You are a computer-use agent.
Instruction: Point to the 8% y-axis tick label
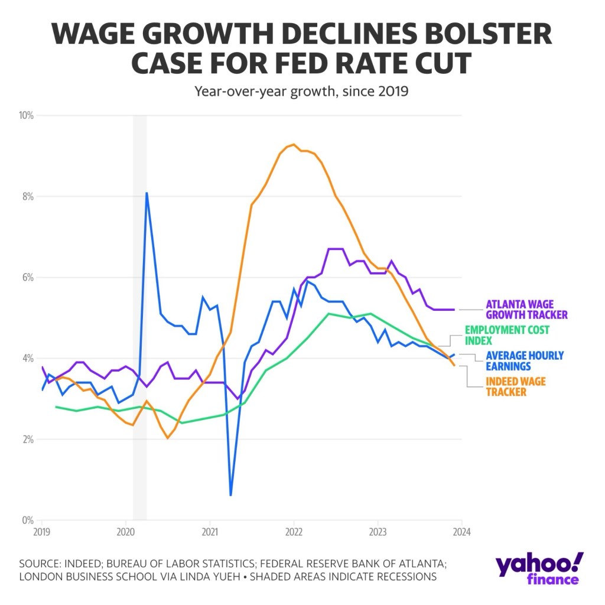pos(27,196)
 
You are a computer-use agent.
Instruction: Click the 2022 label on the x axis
pos(294,530)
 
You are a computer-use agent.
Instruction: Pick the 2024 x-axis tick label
pos(461,530)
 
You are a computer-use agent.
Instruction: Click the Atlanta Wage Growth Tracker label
pos(526,310)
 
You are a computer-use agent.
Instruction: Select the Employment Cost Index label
pos(507,334)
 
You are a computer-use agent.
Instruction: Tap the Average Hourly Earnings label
pos(524,360)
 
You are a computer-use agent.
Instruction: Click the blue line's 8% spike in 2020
pos(147,193)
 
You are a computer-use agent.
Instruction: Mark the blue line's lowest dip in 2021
pos(230,495)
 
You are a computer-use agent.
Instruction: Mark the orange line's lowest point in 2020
pos(168,438)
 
